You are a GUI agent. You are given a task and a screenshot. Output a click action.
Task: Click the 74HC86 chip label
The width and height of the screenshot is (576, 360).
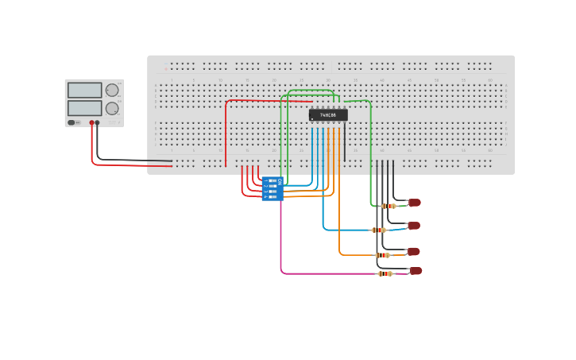click(x=328, y=115)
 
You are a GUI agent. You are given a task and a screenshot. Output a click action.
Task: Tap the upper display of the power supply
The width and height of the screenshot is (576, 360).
click(x=84, y=90)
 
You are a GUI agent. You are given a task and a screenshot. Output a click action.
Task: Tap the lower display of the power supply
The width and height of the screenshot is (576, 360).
click(x=84, y=107)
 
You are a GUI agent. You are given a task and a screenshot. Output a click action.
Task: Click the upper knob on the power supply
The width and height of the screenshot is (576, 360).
click(x=112, y=90)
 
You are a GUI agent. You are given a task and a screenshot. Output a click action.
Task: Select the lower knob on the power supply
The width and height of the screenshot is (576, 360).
click(x=112, y=108)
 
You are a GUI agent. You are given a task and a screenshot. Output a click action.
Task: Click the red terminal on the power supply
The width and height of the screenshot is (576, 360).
click(x=92, y=122)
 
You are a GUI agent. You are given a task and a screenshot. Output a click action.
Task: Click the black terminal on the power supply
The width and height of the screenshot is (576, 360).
click(x=98, y=122)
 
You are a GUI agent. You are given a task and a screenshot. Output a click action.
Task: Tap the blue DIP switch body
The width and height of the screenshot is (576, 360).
click(x=273, y=189)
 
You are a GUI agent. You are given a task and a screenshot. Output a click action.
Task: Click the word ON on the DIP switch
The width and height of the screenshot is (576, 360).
click(x=280, y=181)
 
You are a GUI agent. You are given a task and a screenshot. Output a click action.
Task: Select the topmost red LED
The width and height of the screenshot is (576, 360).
click(x=415, y=203)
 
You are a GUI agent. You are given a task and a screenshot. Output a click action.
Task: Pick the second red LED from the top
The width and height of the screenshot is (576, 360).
click(x=414, y=226)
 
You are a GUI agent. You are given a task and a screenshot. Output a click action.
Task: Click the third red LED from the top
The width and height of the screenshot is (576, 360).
click(x=413, y=251)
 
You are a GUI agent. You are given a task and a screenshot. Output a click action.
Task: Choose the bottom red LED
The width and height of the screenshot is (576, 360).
click(x=416, y=271)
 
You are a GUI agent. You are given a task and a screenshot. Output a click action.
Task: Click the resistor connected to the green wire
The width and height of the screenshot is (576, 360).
click(x=389, y=206)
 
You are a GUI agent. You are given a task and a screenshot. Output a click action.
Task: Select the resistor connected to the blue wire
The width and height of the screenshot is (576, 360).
click(x=379, y=230)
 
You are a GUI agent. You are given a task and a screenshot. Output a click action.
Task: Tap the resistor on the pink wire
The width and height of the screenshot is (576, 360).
click(x=385, y=273)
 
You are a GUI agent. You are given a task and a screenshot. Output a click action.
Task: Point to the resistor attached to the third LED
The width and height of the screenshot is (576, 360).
click(x=383, y=255)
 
